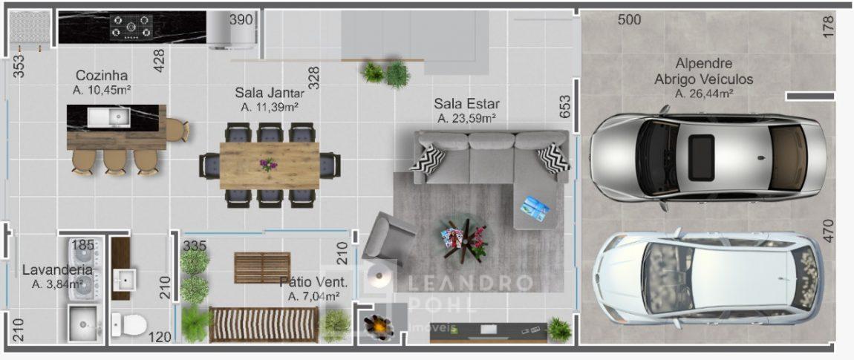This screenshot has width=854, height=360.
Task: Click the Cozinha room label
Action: (x=101, y=75)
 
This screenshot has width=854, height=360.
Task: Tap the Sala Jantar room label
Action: (x=270, y=92)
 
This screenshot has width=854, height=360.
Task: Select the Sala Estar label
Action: (x=467, y=103)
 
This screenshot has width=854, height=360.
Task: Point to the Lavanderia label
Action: (x=57, y=269)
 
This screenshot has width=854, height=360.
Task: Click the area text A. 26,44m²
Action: (x=704, y=93)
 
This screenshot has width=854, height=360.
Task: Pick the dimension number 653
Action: (x=565, y=107)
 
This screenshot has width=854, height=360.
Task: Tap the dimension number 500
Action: (x=630, y=20)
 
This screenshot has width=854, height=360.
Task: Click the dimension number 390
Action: (x=241, y=20)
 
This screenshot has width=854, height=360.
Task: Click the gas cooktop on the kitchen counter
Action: (x=131, y=27)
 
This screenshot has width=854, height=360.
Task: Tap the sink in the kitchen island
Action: (x=108, y=116)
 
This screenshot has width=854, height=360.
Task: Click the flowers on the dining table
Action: (x=268, y=164)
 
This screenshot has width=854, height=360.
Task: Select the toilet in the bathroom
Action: (x=128, y=325)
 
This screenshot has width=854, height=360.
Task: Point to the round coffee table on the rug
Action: (x=464, y=240)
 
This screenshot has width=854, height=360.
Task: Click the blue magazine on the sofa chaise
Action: (x=535, y=208)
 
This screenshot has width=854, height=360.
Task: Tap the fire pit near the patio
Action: (x=378, y=326)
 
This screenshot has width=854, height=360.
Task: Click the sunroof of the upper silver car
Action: (x=701, y=158)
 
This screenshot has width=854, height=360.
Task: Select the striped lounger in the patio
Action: (x=264, y=325)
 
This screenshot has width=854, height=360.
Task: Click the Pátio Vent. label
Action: (x=313, y=283)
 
